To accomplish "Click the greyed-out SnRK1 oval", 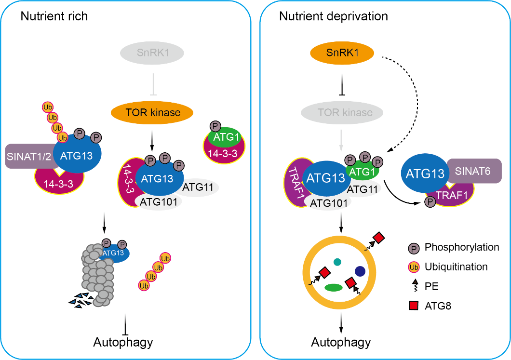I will click(x=152, y=52).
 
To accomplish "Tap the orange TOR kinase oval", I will click(x=152, y=113).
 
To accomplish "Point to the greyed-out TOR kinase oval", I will click(x=342, y=113).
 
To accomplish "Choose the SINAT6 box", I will click(x=475, y=171).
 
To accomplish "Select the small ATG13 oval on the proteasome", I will click(x=114, y=252).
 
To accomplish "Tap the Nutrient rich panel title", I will click(x=54, y=16).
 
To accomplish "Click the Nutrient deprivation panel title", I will click(x=334, y=16).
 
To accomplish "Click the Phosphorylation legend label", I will click(x=461, y=247).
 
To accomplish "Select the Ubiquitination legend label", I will click(x=456, y=267).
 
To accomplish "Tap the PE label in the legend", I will click(x=431, y=286).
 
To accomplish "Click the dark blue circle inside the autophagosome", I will click(x=360, y=271).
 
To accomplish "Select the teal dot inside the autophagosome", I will click(x=337, y=262).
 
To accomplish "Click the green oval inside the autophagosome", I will click(x=334, y=287).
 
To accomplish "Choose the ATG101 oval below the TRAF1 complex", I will click(x=329, y=203).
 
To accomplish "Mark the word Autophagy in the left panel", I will click(x=123, y=343).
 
